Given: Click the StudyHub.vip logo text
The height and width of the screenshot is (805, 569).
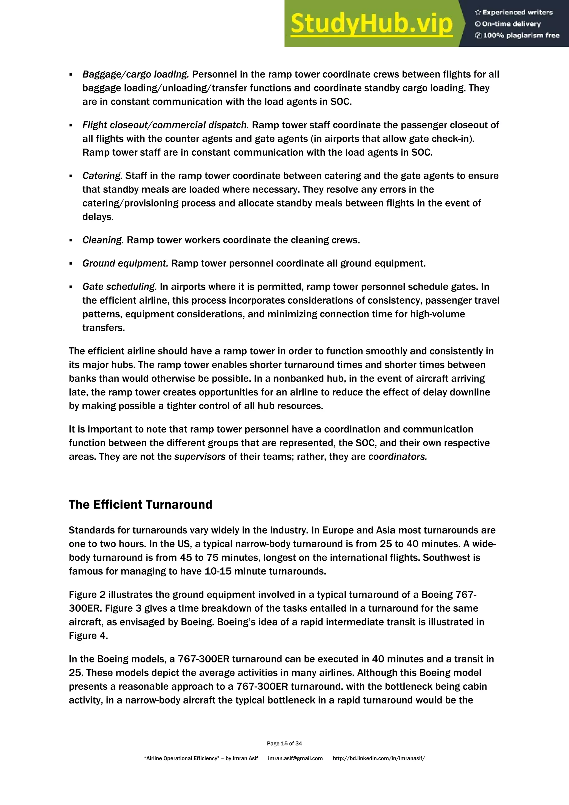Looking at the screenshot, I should [x=372, y=24].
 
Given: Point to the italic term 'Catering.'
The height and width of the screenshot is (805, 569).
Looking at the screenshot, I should [x=102, y=176].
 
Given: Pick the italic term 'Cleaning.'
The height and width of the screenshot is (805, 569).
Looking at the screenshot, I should [x=103, y=240].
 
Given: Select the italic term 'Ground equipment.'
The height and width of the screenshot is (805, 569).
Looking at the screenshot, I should [x=125, y=263].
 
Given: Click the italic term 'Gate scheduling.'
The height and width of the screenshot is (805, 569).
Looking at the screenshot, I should [x=119, y=287].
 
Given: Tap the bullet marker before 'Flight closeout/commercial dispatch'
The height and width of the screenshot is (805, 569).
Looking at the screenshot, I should [x=71, y=125].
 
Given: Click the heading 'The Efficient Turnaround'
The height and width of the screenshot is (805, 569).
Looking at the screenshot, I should [x=140, y=505].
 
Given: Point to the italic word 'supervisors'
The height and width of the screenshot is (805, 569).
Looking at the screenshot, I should [x=200, y=457].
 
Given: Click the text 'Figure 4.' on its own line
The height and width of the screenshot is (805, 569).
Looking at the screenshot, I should [x=88, y=636].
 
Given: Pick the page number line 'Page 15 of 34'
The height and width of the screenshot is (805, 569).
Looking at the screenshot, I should [x=284, y=743].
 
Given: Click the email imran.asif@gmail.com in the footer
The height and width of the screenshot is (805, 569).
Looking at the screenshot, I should [x=295, y=758].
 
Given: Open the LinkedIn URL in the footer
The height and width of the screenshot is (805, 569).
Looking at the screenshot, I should [x=379, y=758].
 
